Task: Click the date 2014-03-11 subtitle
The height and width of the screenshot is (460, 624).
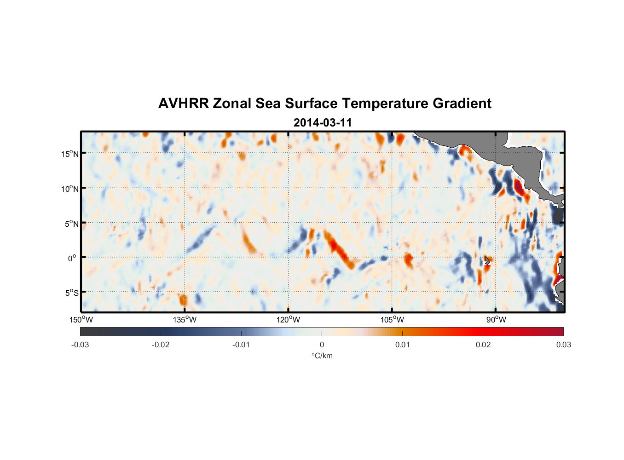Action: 323,123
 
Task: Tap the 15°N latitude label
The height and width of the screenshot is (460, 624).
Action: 70,154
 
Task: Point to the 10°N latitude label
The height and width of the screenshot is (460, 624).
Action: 70,189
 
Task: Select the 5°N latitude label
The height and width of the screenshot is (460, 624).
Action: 72,224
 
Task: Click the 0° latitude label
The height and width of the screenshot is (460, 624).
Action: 72,258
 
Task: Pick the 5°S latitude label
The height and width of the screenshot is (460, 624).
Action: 72,293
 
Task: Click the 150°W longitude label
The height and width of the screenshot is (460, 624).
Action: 81,320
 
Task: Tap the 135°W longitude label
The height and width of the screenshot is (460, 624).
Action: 185,320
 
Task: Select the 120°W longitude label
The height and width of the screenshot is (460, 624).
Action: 289,320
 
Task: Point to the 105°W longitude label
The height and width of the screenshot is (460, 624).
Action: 392,320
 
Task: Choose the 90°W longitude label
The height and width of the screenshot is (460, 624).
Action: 496,320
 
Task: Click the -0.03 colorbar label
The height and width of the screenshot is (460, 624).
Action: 80,345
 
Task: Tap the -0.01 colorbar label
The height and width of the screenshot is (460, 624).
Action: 241,345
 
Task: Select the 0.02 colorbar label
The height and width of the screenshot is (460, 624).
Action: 483,345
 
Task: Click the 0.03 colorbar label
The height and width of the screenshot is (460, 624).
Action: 563,345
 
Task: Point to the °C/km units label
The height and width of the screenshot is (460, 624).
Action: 322,356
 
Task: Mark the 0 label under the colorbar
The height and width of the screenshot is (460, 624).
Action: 322,345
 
